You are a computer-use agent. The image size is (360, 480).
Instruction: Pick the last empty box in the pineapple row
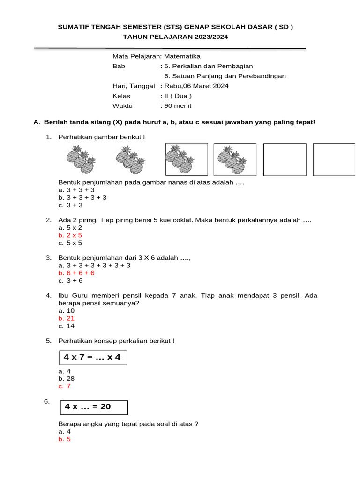(334, 160)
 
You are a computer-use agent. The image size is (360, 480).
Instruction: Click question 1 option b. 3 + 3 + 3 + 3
(82, 197)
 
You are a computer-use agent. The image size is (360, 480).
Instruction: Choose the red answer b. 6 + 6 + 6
(76, 273)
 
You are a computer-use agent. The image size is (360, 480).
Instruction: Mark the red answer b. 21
(67, 318)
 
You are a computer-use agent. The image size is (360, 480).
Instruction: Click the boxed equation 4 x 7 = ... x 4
(93, 357)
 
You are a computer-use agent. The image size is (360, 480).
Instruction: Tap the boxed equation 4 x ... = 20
(93, 407)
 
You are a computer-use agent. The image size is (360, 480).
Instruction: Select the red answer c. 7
(65, 386)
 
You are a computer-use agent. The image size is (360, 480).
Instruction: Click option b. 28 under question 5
(67, 379)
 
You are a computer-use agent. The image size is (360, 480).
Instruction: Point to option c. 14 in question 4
(67, 326)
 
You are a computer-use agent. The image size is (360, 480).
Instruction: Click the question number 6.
(46, 402)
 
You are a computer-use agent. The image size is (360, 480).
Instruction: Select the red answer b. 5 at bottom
(65, 439)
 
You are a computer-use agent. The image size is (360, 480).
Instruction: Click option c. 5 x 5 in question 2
(70, 243)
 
